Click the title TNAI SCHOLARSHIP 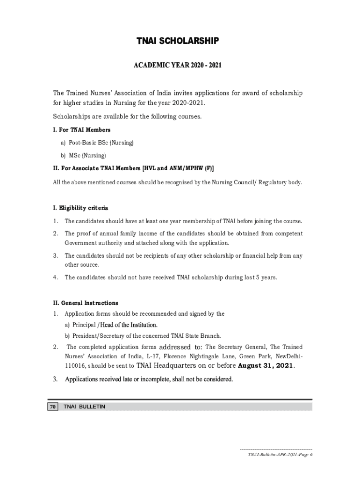(177, 42)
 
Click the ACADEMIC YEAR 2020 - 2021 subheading (177, 65)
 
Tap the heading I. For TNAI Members (82, 130)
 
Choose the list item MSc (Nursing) (83, 155)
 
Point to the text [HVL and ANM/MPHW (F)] (177, 168)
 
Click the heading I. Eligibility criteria (81, 208)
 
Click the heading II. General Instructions (86, 303)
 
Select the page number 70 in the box (52, 407)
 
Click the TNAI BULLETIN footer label (85, 407)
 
